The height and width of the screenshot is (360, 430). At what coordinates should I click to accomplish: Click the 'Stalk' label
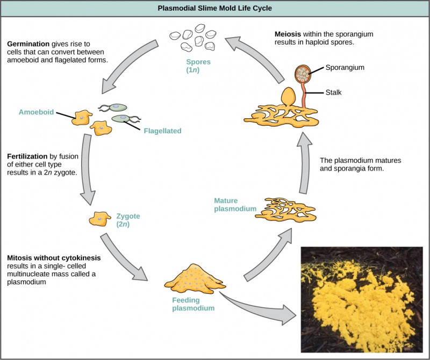click(333, 92)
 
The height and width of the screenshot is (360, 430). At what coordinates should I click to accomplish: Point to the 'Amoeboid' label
click(36, 112)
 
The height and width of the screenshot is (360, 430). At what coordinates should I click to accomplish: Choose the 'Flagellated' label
click(162, 131)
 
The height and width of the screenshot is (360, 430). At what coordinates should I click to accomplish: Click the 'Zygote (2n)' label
click(128, 220)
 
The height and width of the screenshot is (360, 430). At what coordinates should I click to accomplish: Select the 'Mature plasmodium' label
click(232, 205)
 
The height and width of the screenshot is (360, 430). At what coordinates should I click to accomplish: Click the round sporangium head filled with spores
click(304, 74)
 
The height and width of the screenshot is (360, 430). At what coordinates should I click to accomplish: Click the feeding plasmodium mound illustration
click(191, 278)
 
